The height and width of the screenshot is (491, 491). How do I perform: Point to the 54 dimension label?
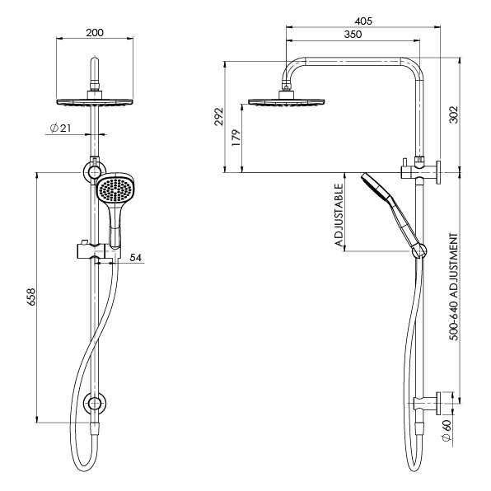(x=137, y=258)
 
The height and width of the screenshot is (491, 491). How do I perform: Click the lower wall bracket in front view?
(x=96, y=404)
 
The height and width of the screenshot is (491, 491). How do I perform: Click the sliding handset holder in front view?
(x=97, y=251)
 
